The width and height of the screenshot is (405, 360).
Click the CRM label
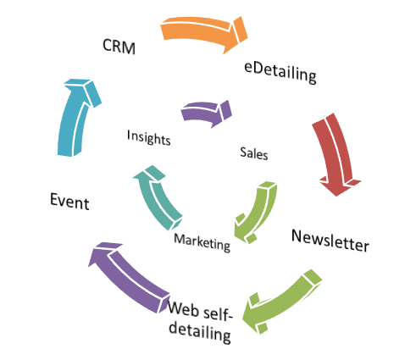[x=119, y=47]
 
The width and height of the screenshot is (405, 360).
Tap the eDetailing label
[x=280, y=72]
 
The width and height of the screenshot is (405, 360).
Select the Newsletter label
[x=330, y=241]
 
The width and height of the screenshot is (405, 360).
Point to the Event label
[x=69, y=201]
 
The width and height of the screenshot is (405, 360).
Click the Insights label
[x=149, y=137]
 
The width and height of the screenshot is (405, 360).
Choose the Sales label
[x=254, y=154]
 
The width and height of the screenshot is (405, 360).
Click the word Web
[x=184, y=309]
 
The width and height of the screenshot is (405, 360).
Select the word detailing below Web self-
[x=200, y=333]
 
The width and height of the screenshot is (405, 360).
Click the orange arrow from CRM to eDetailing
[x=204, y=33]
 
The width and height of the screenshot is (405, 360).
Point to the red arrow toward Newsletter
[x=336, y=154]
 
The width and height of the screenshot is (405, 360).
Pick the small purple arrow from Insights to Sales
[x=206, y=113]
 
